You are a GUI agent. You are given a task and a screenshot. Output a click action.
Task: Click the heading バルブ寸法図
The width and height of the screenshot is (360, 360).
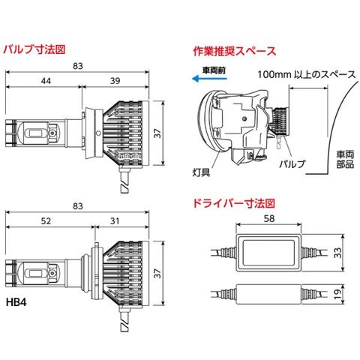click(34, 49)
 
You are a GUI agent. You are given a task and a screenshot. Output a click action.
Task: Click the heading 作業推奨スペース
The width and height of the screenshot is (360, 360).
click(235, 51)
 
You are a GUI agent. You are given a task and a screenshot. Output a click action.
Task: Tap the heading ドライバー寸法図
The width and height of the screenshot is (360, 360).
click(234, 203)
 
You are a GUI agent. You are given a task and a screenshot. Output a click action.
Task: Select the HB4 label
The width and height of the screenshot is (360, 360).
click(16, 302)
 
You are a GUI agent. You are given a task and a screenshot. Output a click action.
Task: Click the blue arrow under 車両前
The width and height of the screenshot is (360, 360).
click(209, 79)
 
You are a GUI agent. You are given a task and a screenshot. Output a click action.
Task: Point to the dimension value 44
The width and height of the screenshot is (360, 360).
click(46, 81)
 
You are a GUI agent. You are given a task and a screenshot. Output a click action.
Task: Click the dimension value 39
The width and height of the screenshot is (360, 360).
click(115, 81)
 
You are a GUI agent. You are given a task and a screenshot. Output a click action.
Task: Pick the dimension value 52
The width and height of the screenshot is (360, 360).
click(46, 221)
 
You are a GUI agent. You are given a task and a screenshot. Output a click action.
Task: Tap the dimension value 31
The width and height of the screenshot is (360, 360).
click(115, 221)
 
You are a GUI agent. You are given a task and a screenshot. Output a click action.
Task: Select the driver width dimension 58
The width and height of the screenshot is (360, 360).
click(269, 219)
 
